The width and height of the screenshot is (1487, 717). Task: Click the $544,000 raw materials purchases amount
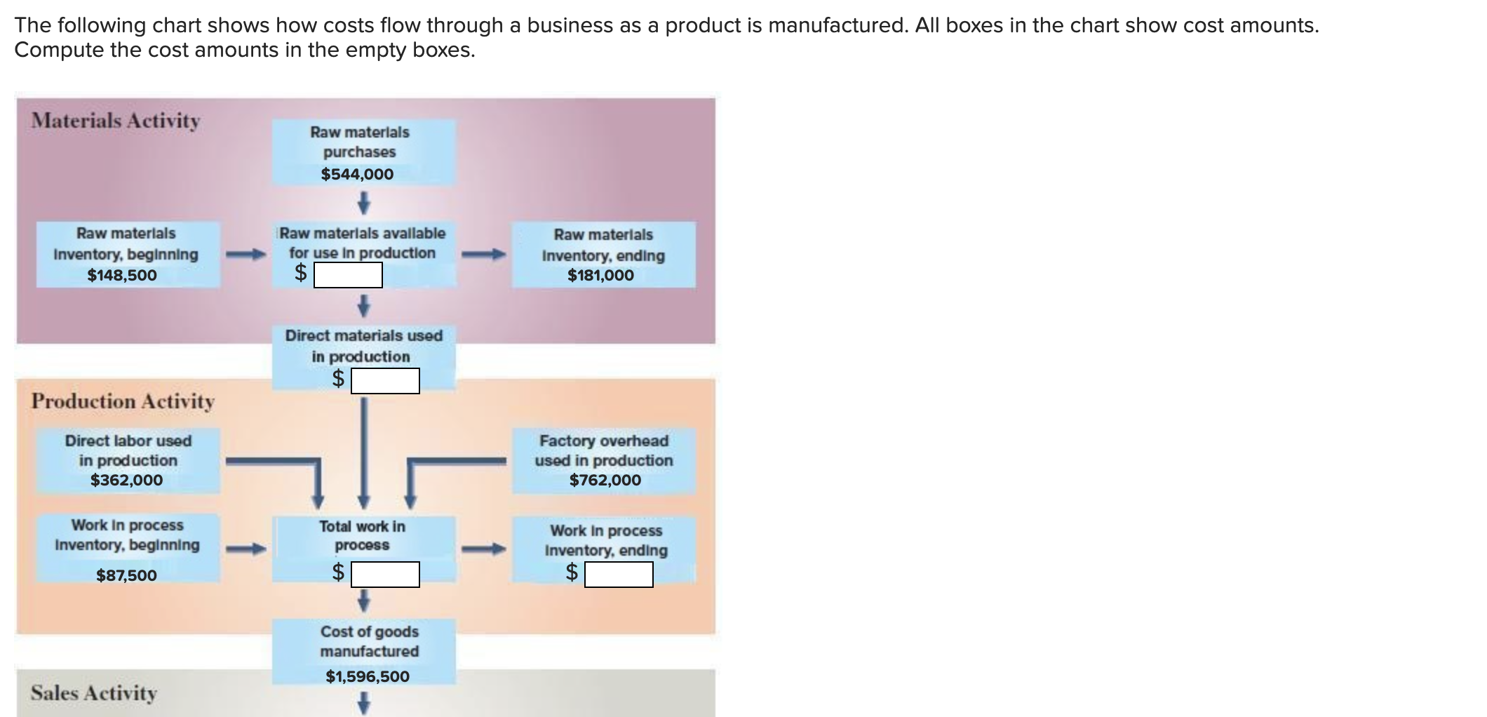point(357,174)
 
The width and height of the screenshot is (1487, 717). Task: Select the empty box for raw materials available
point(348,275)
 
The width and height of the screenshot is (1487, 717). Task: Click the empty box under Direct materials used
point(385,381)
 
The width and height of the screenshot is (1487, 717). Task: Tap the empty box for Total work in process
point(385,575)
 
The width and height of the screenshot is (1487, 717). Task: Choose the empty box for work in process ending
point(619,575)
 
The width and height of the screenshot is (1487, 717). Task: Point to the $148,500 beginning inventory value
point(122,275)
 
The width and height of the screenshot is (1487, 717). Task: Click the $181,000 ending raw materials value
point(600,275)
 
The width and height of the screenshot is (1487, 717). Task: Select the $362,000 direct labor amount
point(126,480)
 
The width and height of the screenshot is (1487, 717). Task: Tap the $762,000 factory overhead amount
point(605,480)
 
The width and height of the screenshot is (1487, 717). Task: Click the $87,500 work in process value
point(126,575)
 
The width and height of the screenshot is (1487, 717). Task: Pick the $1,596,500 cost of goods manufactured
point(368,676)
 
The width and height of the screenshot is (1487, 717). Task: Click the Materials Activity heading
point(116,121)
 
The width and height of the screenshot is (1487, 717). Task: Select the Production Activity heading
point(123,401)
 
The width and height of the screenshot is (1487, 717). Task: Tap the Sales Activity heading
point(94,693)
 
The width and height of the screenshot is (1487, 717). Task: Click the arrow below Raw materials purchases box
point(363,203)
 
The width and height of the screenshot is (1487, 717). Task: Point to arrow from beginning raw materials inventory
point(245,254)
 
